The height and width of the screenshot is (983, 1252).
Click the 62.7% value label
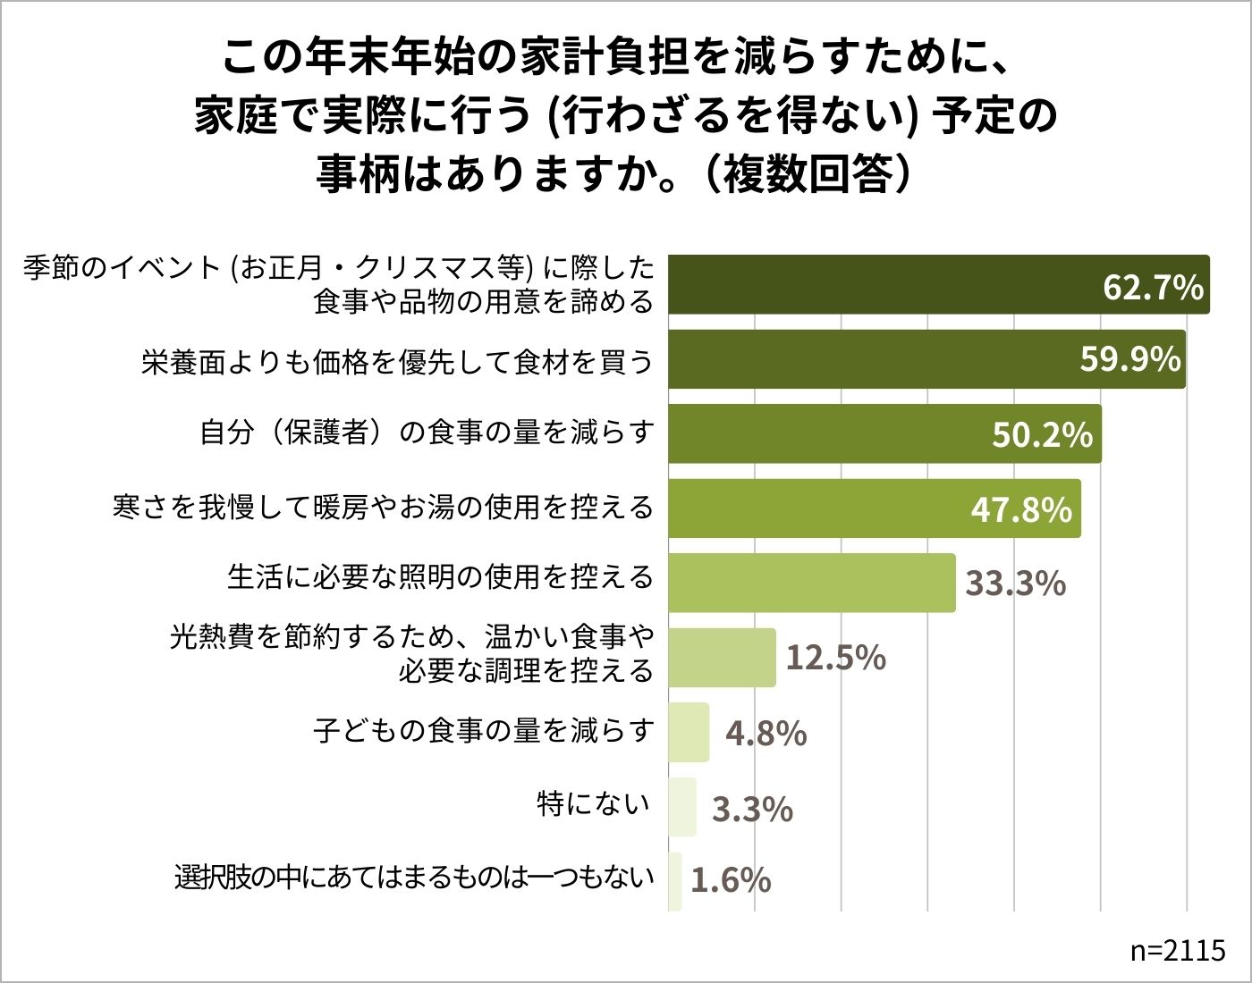click(x=1153, y=287)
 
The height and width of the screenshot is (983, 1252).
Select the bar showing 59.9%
click(x=926, y=359)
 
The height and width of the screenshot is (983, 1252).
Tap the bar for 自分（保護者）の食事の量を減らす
click(x=884, y=434)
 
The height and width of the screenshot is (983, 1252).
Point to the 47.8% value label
click(x=1021, y=509)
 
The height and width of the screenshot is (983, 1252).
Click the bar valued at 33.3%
click(x=811, y=584)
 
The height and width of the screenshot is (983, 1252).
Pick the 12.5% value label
click(x=835, y=658)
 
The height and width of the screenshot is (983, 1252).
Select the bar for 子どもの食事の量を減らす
click(x=689, y=733)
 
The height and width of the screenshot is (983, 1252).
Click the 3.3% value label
click(x=752, y=809)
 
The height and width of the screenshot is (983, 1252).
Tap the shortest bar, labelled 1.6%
click(x=675, y=882)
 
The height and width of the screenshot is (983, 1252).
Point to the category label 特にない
click(x=593, y=804)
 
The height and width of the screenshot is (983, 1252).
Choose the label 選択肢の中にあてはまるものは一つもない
click(x=414, y=878)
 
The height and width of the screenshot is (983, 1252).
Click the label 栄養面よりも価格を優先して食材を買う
click(x=397, y=361)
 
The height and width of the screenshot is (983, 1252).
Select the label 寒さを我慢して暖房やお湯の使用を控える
click(x=384, y=508)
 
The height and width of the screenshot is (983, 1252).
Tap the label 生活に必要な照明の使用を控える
click(x=440, y=577)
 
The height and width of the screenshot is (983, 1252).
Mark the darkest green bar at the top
click(x=938, y=284)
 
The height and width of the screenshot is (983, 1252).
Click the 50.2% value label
click(x=1042, y=434)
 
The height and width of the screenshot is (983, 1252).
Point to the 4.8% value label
click(x=766, y=734)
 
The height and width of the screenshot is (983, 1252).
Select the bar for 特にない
click(x=681, y=807)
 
